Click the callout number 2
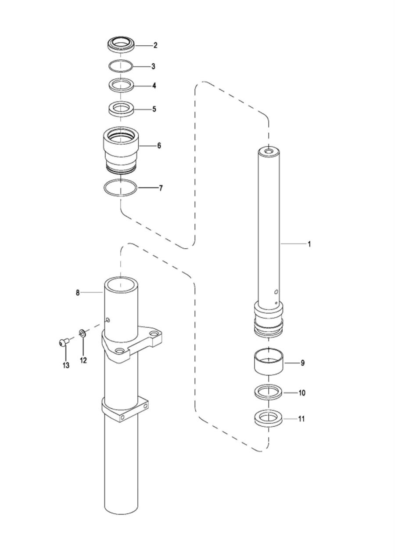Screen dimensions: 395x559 [155, 45]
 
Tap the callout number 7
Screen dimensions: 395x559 [161, 188]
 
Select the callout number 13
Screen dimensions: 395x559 [66, 365]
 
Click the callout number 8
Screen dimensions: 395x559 [78, 293]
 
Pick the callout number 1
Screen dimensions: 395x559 [309, 244]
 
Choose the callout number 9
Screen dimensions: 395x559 [302, 363]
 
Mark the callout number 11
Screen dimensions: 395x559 [302, 418]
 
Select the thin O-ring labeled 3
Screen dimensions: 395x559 [120, 66]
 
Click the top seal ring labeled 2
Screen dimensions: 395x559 [120, 45]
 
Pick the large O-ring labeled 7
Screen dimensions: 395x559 [120, 188]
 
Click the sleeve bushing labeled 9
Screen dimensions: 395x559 [269, 363]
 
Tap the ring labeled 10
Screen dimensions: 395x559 [269, 392]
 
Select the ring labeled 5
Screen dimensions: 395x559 [120, 109]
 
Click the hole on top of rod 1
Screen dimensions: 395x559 [269, 151]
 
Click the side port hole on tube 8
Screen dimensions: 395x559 [108, 320]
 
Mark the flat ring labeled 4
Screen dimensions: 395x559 [120, 86]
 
